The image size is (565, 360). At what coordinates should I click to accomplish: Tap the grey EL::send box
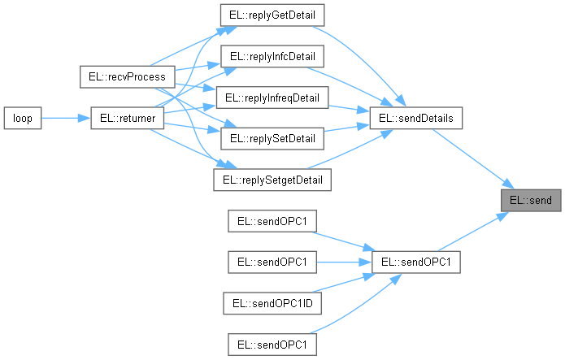pyautogui.click(x=530, y=200)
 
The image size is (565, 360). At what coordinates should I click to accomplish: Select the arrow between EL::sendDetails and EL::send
pyautogui.click(x=472, y=158)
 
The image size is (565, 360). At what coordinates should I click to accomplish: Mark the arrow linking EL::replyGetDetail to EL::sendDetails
pyautogui.click(x=366, y=57)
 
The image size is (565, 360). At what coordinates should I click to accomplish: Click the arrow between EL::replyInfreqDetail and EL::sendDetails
pyautogui.click(x=350, y=108)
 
